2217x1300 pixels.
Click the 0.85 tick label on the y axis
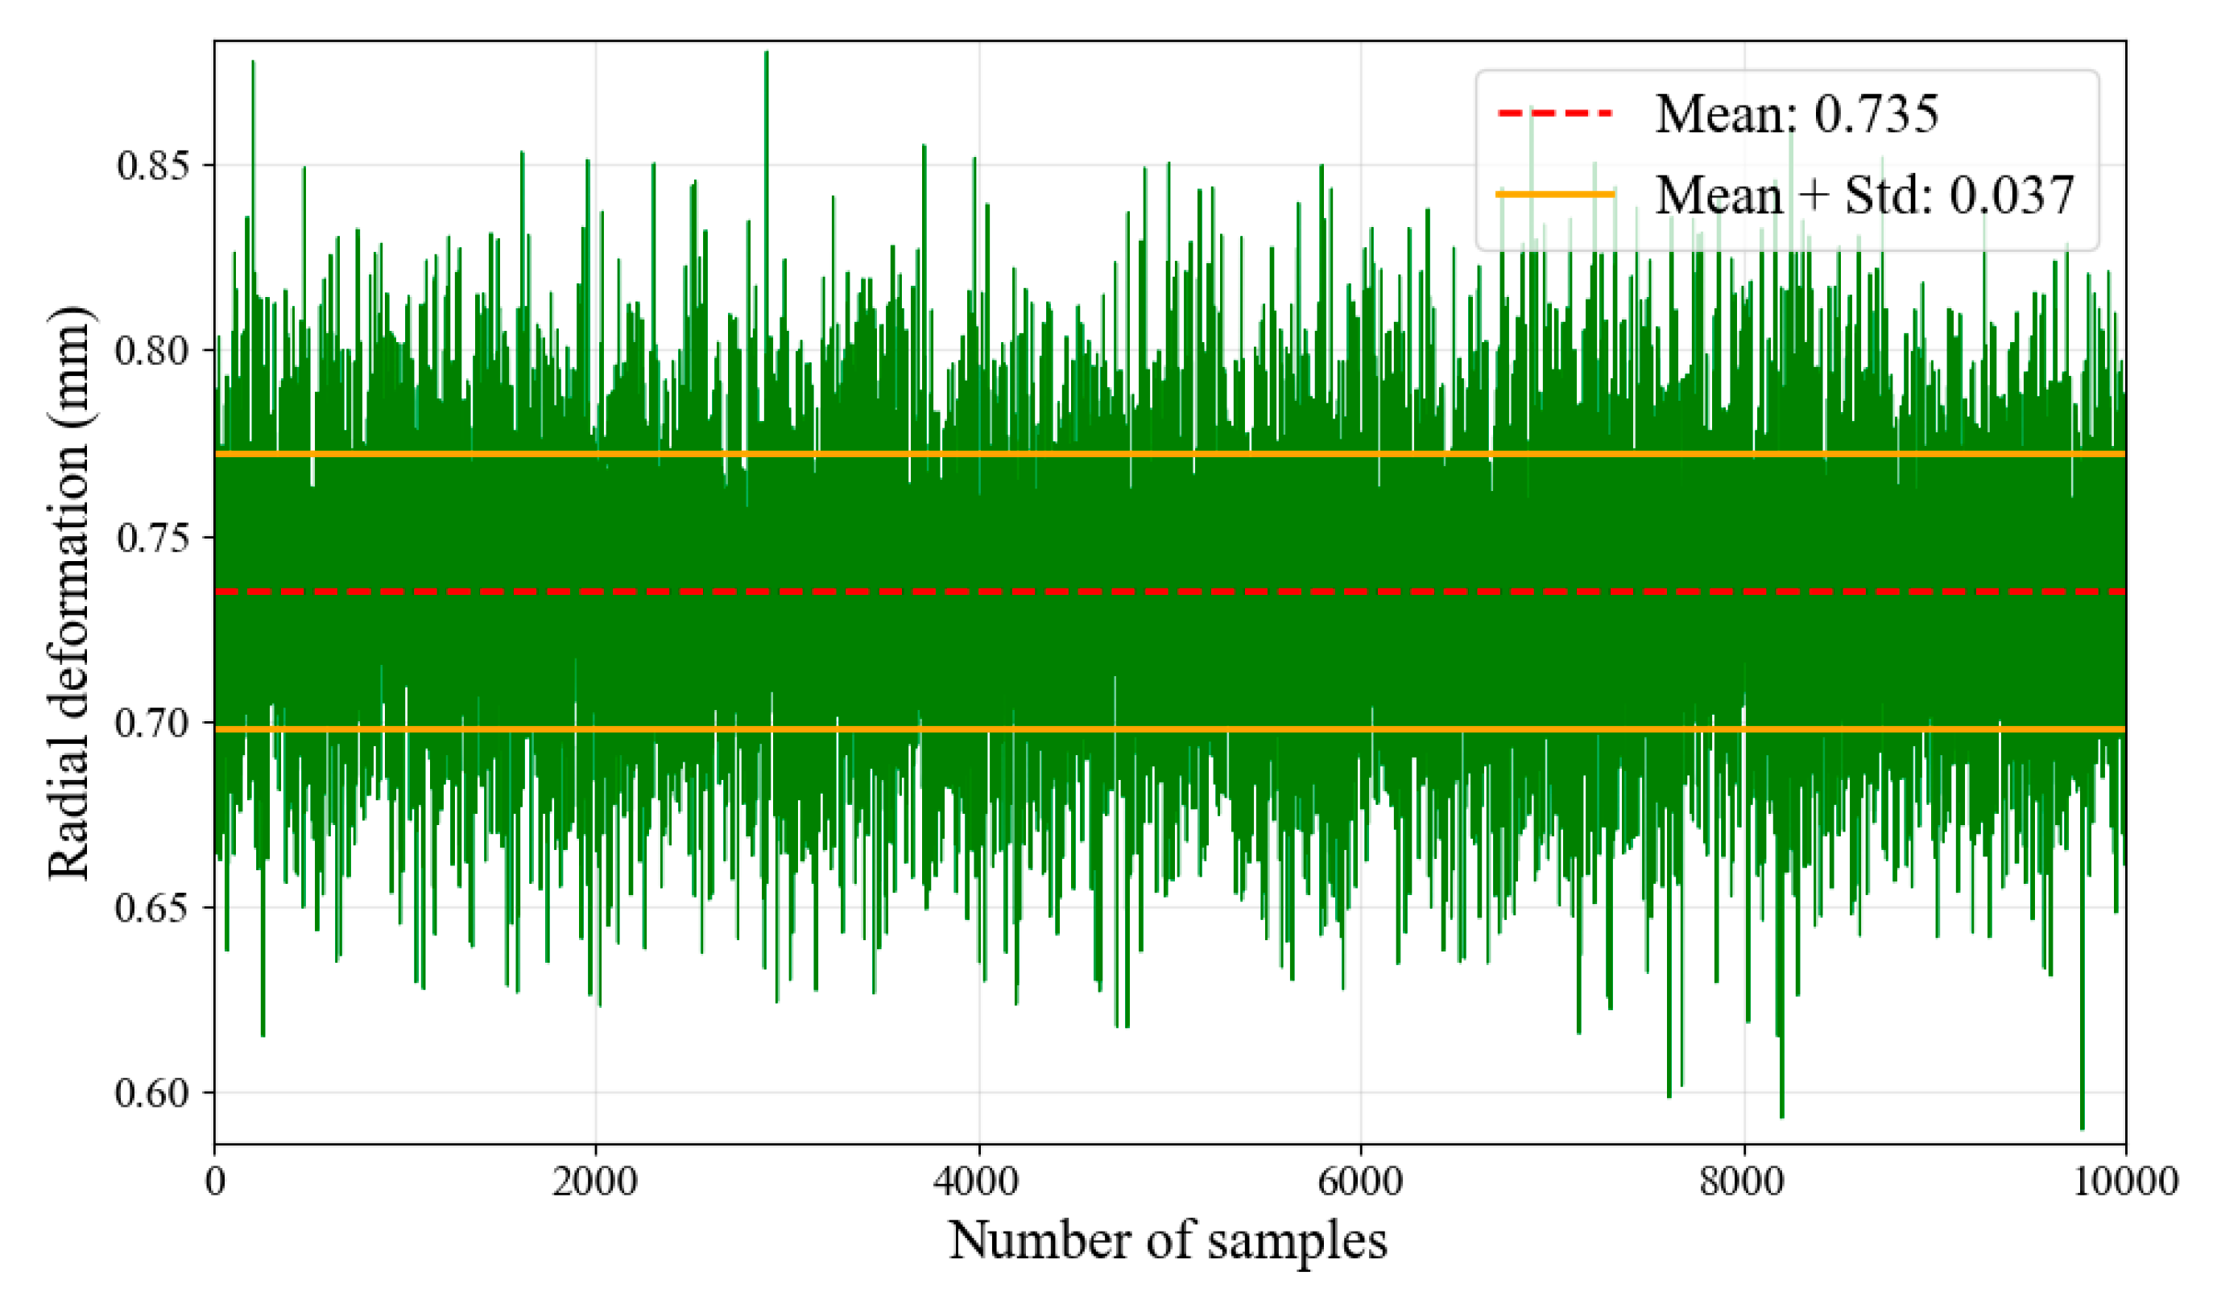coord(152,165)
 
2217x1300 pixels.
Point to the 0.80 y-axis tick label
coord(152,350)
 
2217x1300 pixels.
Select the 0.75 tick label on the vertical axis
coord(152,537)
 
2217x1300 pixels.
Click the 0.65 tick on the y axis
coord(152,907)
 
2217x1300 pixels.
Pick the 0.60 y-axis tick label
coord(152,1092)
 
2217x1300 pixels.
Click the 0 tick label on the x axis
coord(215,1181)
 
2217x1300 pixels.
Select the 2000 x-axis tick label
coord(596,1181)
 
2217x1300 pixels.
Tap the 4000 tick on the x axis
coord(978,1181)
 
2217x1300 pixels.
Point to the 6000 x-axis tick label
coord(1360,1181)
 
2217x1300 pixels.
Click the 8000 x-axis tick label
coord(1743,1181)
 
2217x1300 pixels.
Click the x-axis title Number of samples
coord(1168,1241)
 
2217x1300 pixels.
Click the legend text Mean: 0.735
coord(1797,113)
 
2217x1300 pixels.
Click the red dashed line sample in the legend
coord(1554,113)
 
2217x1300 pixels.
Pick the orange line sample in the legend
coord(1554,193)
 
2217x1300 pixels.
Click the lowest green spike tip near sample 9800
coord(2082,1129)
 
